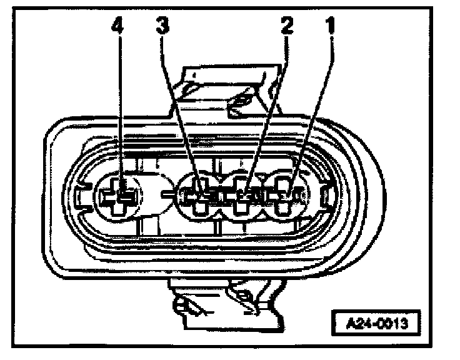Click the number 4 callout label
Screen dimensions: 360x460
click(118, 27)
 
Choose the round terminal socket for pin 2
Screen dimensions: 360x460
click(246, 197)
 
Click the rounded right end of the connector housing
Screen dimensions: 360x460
click(369, 194)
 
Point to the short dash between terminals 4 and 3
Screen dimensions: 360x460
click(166, 196)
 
